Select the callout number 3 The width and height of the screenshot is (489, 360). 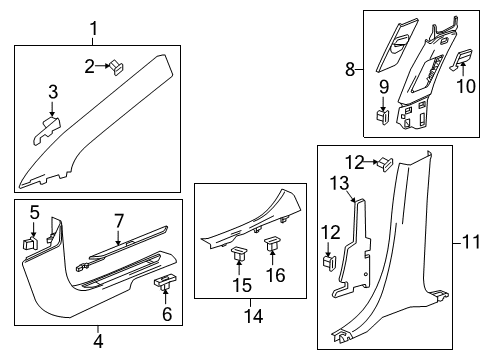coord(54,93)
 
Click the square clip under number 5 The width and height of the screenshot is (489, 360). coord(31,242)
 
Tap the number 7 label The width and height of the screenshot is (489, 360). coord(118,219)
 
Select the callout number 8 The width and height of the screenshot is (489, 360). coord(349,70)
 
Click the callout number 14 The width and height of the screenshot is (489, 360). coord(257,345)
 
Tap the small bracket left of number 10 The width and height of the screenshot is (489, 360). coord(461,61)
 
